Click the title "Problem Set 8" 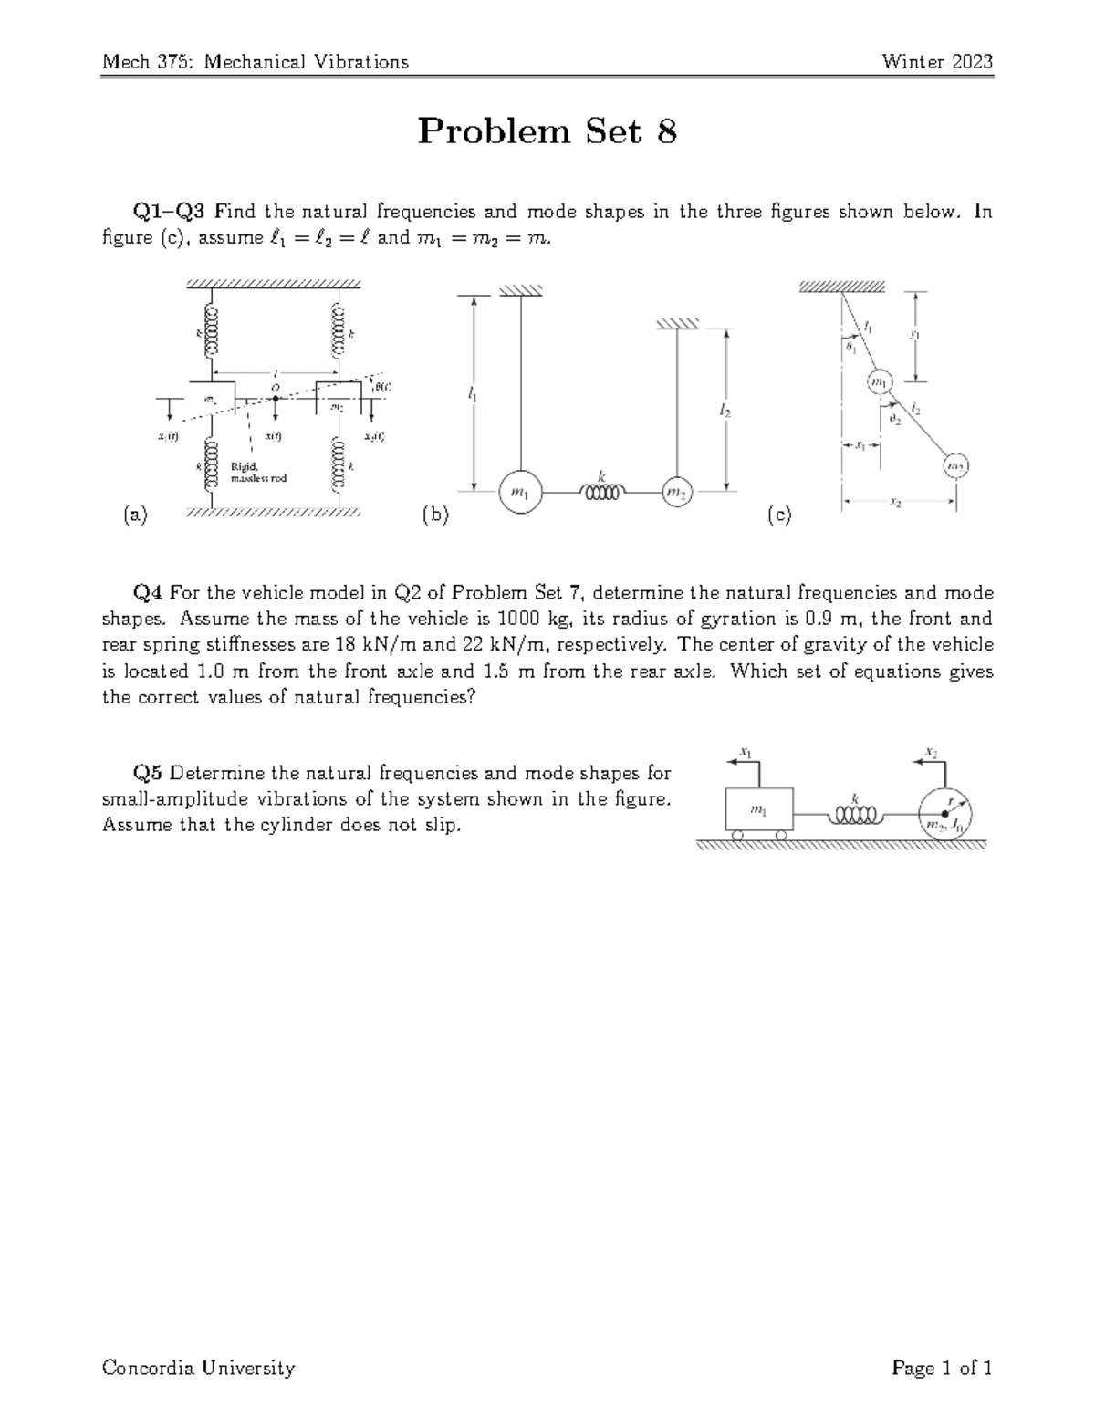click(547, 132)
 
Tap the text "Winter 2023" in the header click(936, 62)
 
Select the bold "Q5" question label click(149, 774)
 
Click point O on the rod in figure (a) click(275, 398)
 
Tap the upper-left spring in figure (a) click(214, 334)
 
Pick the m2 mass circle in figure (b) click(676, 493)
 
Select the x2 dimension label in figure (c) click(900, 501)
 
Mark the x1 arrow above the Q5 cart click(746, 758)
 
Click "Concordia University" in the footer click(199, 1368)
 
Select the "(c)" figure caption click(779, 516)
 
